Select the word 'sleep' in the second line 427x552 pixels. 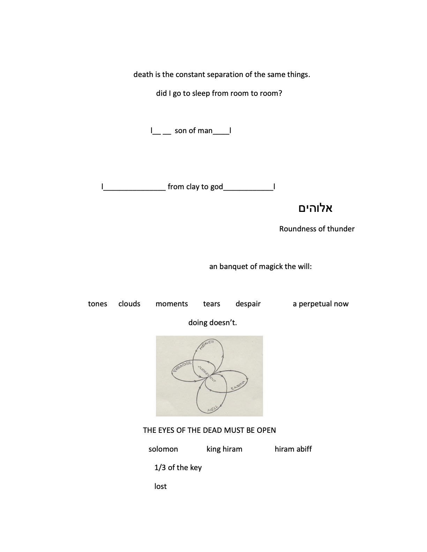click(x=201, y=93)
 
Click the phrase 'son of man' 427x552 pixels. click(x=194, y=131)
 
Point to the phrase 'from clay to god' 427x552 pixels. click(x=195, y=187)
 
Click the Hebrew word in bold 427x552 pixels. click(x=315, y=208)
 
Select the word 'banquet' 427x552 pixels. click(x=233, y=267)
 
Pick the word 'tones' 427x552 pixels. click(x=97, y=304)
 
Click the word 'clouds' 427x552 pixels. click(x=129, y=304)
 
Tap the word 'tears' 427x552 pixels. click(x=211, y=304)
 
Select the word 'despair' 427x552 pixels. click(x=248, y=304)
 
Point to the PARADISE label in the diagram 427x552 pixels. click(x=182, y=367)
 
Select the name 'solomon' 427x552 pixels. click(x=163, y=449)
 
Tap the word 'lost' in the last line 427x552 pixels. click(x=160, y=486)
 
